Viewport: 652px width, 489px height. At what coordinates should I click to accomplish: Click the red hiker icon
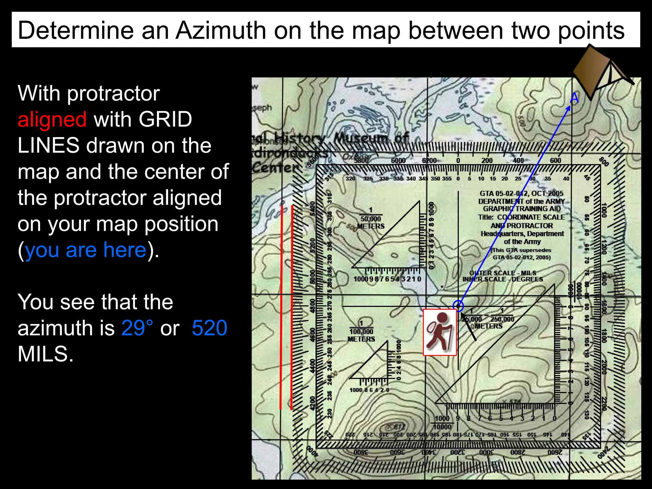click(440, 332)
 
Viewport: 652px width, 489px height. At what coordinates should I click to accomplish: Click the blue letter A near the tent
click(574, 98)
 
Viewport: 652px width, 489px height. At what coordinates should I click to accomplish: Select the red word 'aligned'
click(52, 120)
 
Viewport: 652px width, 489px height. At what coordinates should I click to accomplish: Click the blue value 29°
click(137, 328)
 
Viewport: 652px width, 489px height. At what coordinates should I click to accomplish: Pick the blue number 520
click(209, 328)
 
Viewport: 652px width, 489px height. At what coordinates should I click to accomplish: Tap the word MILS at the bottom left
click(46, 354)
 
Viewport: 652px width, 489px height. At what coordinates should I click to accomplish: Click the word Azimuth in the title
click(221, 31)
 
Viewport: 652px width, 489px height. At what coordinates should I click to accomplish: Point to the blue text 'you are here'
click(86, 250)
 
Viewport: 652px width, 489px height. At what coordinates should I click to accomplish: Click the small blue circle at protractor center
click(458, 306)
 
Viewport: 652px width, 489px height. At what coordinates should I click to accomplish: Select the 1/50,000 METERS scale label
click(371, 219)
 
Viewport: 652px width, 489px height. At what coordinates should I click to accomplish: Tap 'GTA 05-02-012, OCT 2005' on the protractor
click(521, 193)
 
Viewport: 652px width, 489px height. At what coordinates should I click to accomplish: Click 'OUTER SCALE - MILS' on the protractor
click(503, 273)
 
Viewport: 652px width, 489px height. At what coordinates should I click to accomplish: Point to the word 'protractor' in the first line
click(113, 94)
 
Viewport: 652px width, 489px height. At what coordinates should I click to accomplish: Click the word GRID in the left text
click(165, 120)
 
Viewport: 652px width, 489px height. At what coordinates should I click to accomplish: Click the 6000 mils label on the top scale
click(398, 160)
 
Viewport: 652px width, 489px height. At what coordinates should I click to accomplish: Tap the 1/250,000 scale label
click(502, 319)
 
